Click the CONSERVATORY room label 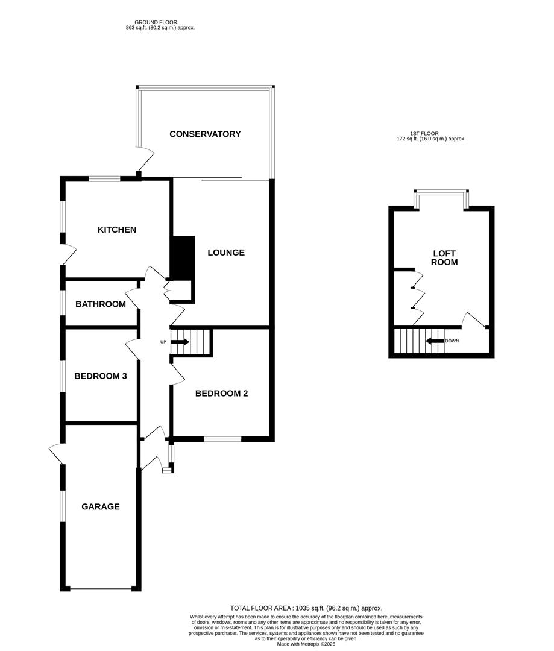click(x=205, y=134)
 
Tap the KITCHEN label click(x=117, y=230)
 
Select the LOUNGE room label click(x=226, y=253)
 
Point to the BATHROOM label click(x=101, y=304)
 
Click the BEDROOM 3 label click(x=101, y=376)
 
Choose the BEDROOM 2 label click(x=222, y=394)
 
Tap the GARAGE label click(x=101, y=506)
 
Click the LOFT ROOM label click(x=444, y=257)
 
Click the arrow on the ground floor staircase click(x=180, y=342)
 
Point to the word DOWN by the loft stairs click(x=452, y=341)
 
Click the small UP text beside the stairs click(x=163, y=342)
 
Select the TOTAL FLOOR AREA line click(x=306, y=608)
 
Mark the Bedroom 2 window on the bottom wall click(x=222, y=439)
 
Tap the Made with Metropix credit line click(x=306, y=644)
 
